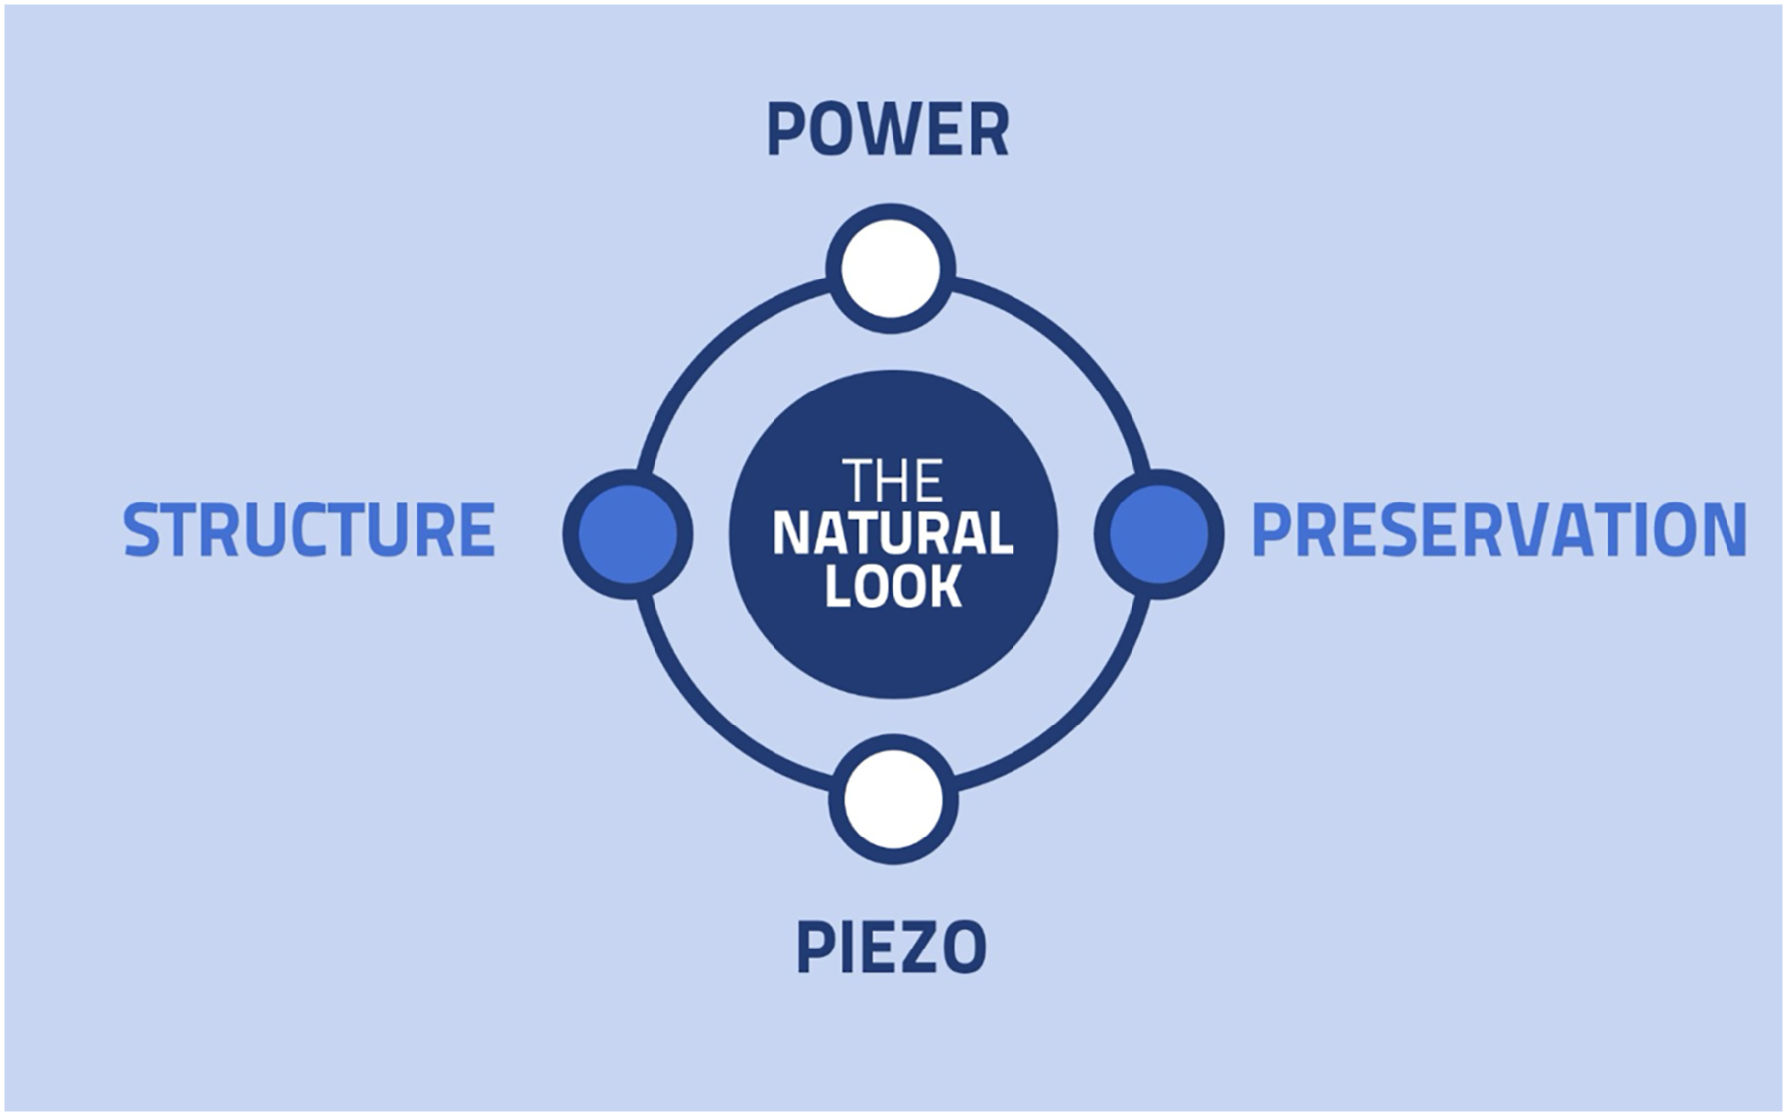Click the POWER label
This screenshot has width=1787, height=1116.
point(888,130)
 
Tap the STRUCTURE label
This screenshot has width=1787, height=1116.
point(308,530)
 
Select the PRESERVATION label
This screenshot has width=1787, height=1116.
point(1498,530)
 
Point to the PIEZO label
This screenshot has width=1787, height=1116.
point(891,949)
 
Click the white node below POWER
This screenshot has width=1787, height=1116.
point(891,269)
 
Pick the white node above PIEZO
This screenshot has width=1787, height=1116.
point(893,800)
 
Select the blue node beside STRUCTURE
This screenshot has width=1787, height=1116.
point(628,534)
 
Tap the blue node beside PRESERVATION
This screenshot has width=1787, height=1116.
point(1158,534)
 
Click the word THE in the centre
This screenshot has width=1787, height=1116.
point(893,481)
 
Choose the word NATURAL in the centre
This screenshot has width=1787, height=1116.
point(893,534)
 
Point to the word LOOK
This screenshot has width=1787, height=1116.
point(893,587)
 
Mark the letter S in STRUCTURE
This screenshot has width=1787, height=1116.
point(141,530)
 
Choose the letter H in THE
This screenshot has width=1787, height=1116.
point(893,481)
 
